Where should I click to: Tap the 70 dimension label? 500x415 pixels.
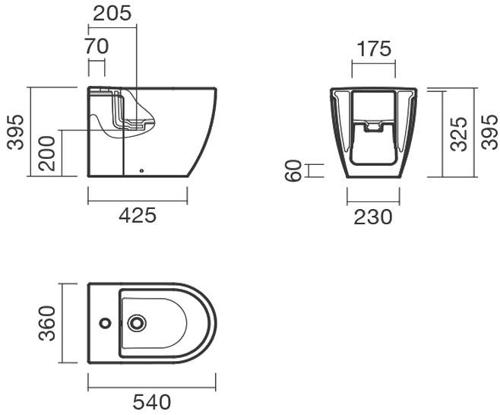pyautogui.click(x=97, y=46)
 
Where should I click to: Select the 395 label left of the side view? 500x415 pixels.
pyautogui.click(x=16, y=132)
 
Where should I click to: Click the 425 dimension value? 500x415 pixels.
pyautogui.click(x=138, y=216)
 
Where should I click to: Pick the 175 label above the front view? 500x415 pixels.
pyautogui.click(x=373, y=49)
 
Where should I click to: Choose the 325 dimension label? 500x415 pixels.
pyautogui.click(x=459, y=133)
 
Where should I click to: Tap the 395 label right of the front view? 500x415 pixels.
pyautogui.click(x=490, y=133)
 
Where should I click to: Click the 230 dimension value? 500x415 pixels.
pyautogui.click(x=373, y=217)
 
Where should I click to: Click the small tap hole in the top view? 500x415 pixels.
pyautogui.click(x=105, y=323)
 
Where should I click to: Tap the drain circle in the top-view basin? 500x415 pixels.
pyautogui.click(x=138, y=323)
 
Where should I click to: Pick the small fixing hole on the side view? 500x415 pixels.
pyautogui.click(x=142, y=170)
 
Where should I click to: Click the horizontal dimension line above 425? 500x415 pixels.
pyautogui.click(x=138, y=201)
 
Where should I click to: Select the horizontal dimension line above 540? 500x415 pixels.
pyautogui.click(x=151, y=386)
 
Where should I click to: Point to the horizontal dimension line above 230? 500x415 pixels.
pyautogui.click(x=373, y=202)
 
